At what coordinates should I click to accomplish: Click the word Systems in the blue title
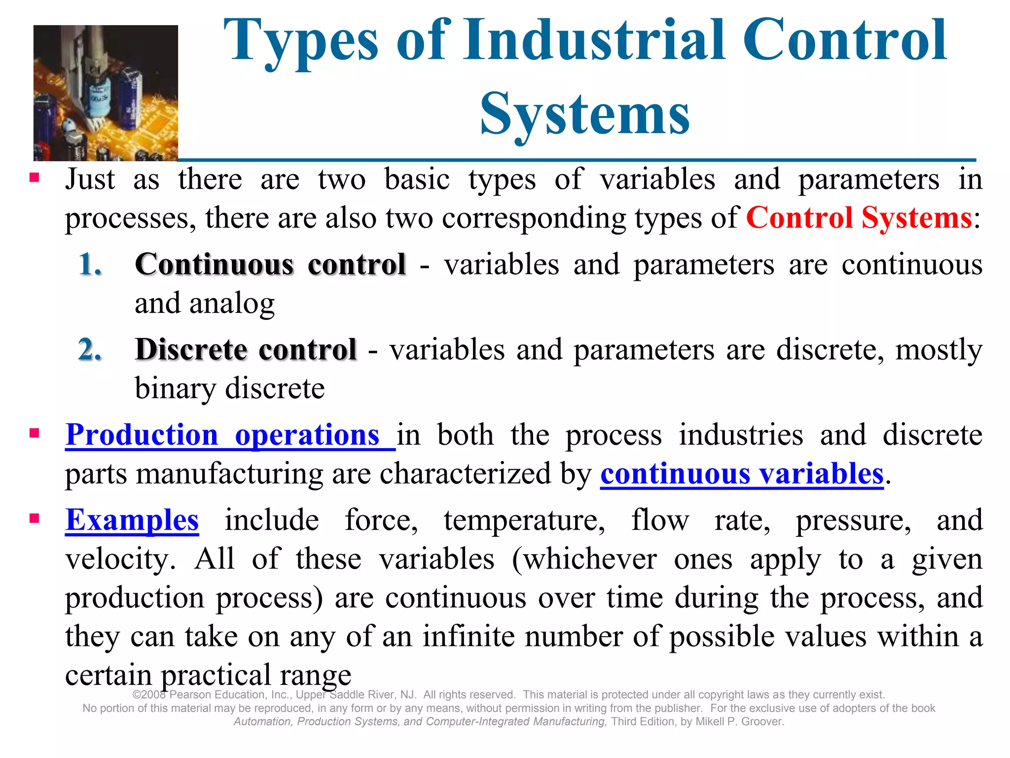[x=584, y=114]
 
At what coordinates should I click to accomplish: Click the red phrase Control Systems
[x=859, y=218]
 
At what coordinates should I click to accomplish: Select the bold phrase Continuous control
[x=270, y=265]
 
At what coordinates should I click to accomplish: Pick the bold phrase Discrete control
[x=246, y=350]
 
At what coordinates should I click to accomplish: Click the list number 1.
[x=90, y=265]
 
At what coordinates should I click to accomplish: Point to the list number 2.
[x=90, y=350]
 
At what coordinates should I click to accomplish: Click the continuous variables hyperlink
[x=741, y=474]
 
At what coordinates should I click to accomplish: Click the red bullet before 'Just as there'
[x=34, y=177]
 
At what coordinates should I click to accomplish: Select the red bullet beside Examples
[x=34, y=518]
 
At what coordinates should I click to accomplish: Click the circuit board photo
[x=106, y=93]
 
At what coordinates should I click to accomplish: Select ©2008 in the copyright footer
[x=150, y=695]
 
